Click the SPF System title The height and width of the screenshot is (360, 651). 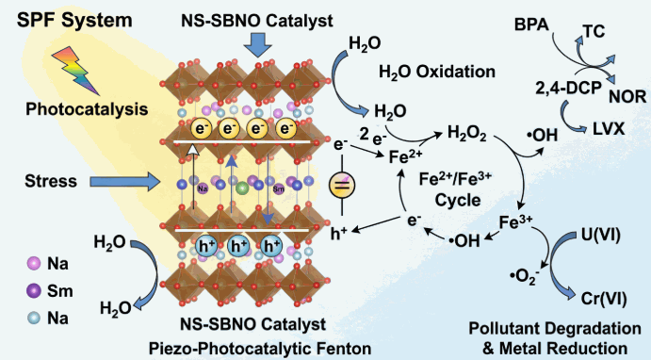(74, 21)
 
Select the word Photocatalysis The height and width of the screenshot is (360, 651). (87, 109)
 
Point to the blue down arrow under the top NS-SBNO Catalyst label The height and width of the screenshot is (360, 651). (257, 45)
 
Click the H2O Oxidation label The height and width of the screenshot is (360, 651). (437, 72)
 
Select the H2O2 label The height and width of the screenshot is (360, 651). (466, 134)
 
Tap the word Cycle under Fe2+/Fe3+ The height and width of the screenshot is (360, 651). (458, 200)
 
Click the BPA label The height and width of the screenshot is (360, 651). (531, 25)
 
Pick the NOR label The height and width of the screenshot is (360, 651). (627, 97)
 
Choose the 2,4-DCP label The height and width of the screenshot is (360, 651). (568, 89)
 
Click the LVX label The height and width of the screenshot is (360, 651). (609, 129)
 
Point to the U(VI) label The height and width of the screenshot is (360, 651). (600, 236)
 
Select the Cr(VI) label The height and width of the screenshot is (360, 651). (604, 299)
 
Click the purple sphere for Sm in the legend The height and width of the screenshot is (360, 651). (34, 290)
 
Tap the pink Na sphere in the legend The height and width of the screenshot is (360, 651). (34, 263)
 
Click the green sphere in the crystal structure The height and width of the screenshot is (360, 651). (242, 188)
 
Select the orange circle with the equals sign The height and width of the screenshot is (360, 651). (342, 185)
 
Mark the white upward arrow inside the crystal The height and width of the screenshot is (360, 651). (193, 178)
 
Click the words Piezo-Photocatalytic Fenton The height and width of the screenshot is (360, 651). (260, 349)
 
